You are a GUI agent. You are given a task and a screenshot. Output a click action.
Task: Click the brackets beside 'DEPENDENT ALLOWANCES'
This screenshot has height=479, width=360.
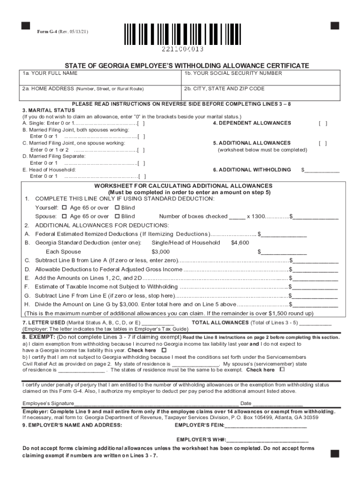(323, 123)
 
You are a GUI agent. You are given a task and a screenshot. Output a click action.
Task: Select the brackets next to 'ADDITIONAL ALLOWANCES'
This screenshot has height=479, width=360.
(323, 143)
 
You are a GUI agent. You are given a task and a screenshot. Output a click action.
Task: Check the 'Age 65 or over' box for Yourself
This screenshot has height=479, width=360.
(65, 208)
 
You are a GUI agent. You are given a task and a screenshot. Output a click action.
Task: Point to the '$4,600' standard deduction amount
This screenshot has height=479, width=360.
(240, 243)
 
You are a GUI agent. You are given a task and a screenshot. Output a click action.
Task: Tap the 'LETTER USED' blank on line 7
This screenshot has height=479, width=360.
(158, 323)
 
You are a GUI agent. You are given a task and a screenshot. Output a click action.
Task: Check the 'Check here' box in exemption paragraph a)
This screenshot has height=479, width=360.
(164, 350)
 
